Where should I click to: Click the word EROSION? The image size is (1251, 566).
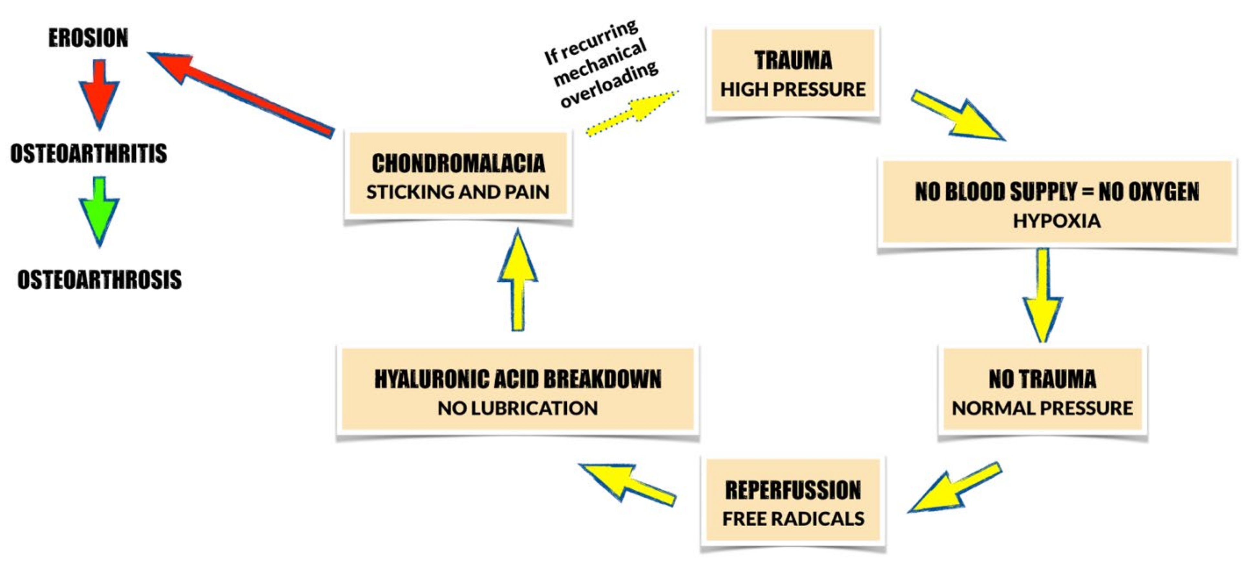coord(89,38)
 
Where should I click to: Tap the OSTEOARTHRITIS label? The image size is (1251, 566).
coord(89,153)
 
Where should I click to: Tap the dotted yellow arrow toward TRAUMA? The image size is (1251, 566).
coord(631,113)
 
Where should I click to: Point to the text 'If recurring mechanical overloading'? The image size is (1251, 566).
coord(600,63)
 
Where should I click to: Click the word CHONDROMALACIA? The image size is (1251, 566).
coord(458,163)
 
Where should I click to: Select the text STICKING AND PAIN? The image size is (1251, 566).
coord(458,192)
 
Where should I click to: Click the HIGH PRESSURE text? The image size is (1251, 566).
coord(793,89)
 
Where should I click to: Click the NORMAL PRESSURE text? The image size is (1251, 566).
coord(1042,408)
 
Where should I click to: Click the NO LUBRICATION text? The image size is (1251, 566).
coord(518,408)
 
